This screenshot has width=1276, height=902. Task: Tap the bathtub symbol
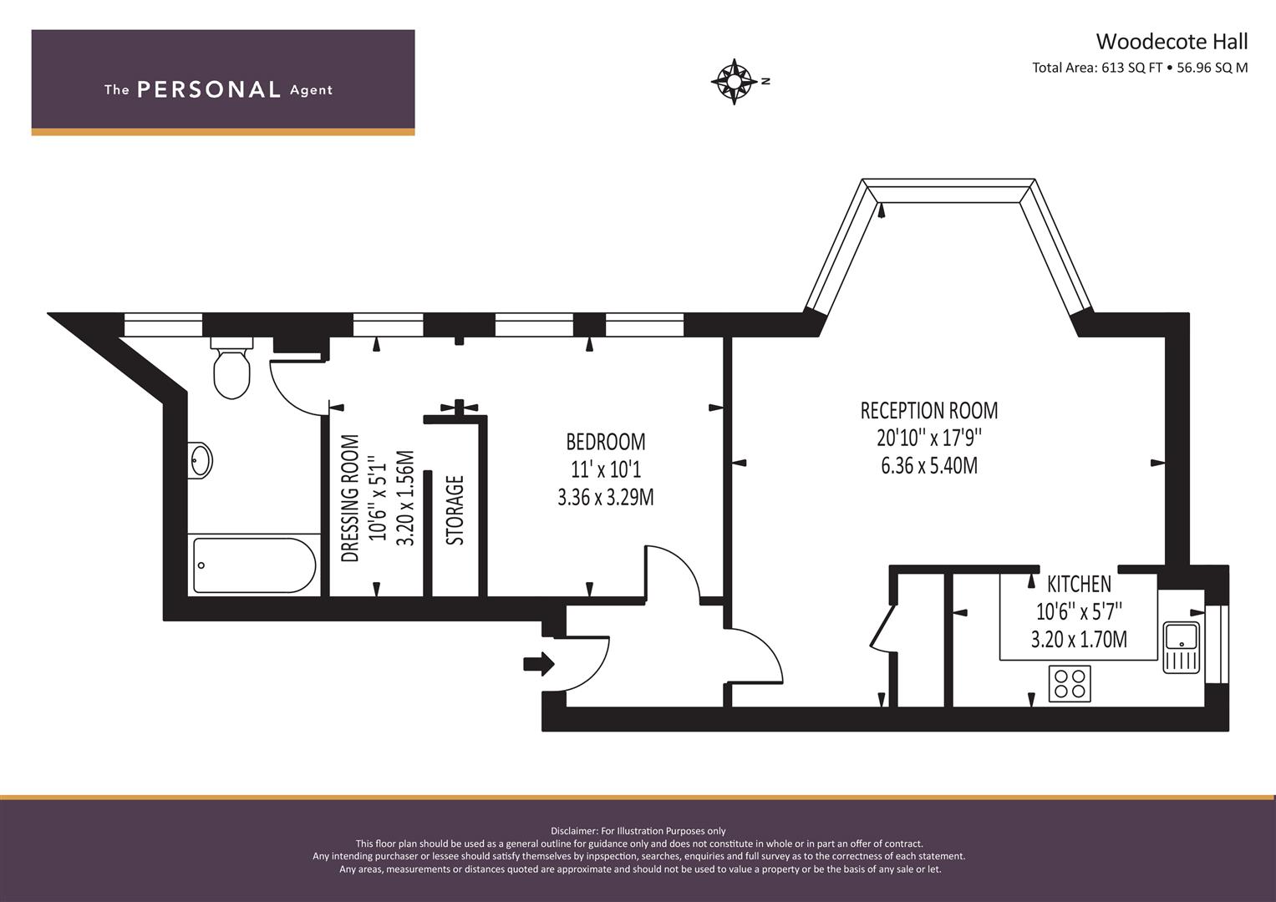pos(254,565)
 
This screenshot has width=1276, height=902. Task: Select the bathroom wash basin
pos(201,459)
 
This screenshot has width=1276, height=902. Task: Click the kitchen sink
pos(1181,646)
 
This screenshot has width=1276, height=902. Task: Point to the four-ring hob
pos(1070,683)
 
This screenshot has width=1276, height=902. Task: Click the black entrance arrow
pos(538,664)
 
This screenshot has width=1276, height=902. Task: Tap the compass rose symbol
pos(734,81)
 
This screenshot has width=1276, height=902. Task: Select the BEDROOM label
pos(605,441)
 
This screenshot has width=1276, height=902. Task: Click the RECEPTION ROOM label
pos(928,410)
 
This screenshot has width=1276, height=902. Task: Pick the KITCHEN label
pos(1079,584)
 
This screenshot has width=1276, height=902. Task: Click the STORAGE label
pos(455,510)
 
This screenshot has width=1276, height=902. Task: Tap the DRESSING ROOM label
pos(351,498)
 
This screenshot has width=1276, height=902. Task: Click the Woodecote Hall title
pos(1172,41)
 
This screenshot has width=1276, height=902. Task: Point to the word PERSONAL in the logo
pos(208,90)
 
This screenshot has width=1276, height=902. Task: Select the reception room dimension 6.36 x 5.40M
pos(928,465)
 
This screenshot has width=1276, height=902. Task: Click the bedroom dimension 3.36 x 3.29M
pos(605,497)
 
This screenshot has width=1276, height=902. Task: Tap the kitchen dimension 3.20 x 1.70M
pos(1078,640)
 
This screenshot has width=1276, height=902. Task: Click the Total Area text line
pos(1139,68)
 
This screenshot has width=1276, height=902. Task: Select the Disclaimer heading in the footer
pos(638,831)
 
